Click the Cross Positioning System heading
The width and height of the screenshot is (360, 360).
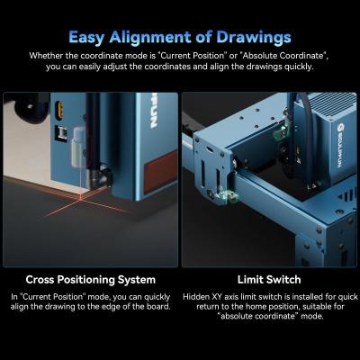tap(90, 280)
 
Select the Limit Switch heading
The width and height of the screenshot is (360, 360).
tap(269, 280)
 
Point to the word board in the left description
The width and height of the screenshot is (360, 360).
tap(151, 309)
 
